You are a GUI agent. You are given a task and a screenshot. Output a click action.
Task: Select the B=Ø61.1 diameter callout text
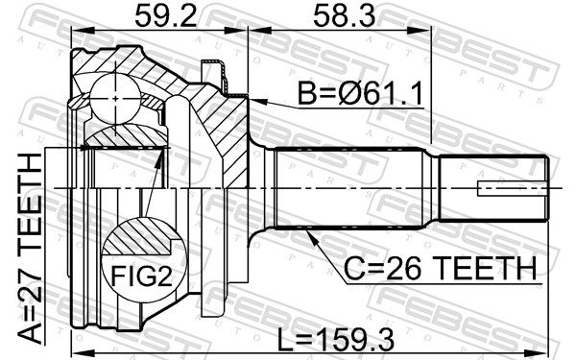coord(360,93)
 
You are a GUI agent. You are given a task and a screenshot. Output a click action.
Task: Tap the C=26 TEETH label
coord(440,268)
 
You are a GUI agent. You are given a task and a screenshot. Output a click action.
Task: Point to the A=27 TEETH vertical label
coord(30,249)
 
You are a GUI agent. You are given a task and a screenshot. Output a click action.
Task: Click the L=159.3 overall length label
coord(335,340)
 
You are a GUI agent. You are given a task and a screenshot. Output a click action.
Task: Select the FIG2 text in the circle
coord(141,276)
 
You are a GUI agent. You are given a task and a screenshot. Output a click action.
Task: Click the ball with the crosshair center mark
coord(115,99)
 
